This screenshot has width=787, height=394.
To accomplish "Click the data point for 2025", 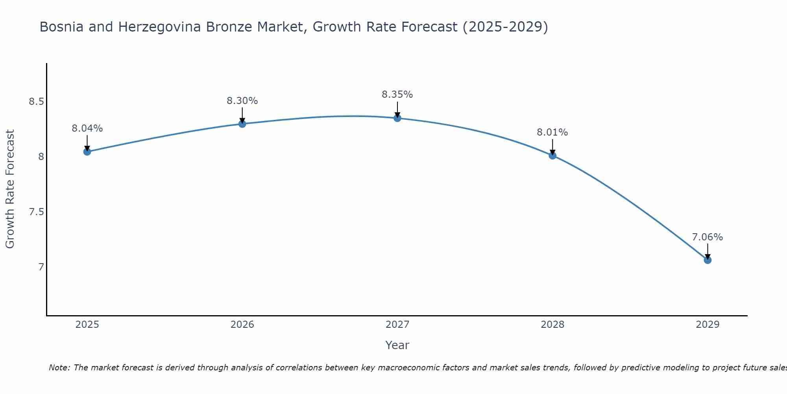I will click(x=87, y=152).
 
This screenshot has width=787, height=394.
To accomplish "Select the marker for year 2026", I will click(x=242, y=124).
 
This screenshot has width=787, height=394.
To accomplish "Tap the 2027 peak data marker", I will click(x=397, y=118).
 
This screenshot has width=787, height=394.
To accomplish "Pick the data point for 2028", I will click(x=552, y=155).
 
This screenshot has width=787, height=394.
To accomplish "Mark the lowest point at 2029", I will click(x=708, y=260).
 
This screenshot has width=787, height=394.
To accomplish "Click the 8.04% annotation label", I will click(x=87, y=128).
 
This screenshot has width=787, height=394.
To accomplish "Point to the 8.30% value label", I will click(x=242, y=101).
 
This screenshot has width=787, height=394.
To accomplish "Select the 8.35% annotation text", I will click(x=397, y=95).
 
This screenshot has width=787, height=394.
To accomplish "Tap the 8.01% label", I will click(x=552, y=132).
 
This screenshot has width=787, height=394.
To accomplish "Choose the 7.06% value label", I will click(x=708, y=237).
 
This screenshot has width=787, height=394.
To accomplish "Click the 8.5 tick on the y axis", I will click(x=36, y=102).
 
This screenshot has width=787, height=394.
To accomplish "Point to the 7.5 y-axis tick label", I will click(x=36, y=212).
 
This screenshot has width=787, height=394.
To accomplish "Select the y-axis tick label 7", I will click(x=41, y=267).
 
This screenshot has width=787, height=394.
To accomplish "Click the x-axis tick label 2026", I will click(x=242, y=325).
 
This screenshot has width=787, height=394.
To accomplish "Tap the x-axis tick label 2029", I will click(x=708, y=325).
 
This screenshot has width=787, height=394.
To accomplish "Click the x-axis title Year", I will click(x=397, y=345).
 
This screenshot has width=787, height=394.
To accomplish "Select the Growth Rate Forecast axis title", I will click(x=10, y=189).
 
